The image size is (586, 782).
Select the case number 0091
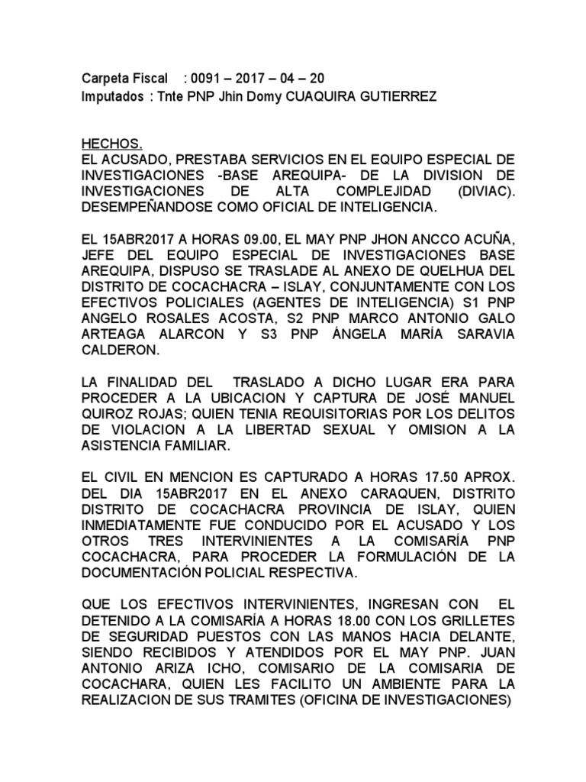[x=207, y=79]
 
